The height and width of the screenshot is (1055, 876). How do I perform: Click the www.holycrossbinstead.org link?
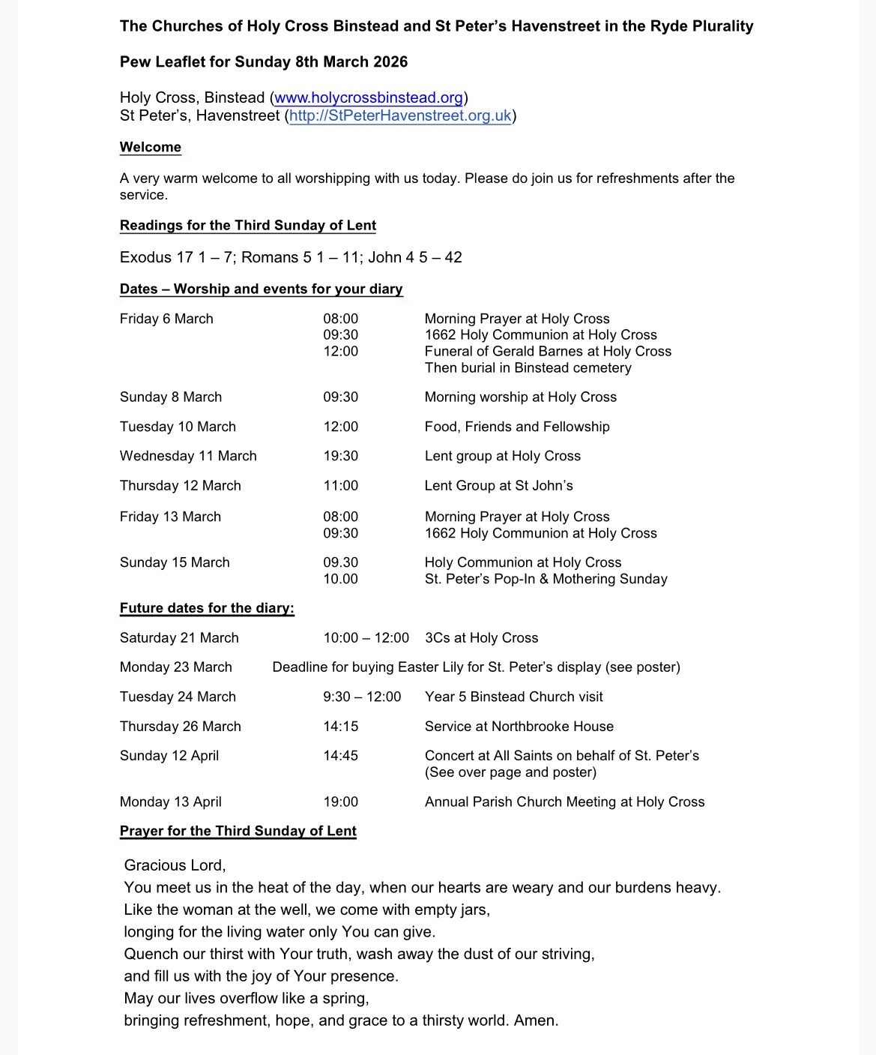[x=369, y=98]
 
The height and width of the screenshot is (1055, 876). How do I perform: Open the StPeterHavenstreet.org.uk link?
[x=400, y=116]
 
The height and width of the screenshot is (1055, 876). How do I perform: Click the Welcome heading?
[x=151, y=148]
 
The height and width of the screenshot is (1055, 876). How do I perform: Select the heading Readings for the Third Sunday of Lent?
[x=248, y=226]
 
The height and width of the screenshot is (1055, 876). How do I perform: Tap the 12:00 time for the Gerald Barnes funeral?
[x=341, y=352]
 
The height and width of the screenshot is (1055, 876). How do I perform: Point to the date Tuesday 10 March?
[x=178, y=427]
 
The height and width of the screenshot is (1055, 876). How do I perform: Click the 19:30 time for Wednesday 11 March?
[x=341, y=456]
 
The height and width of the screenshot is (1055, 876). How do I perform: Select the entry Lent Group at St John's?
[x=498, y=486]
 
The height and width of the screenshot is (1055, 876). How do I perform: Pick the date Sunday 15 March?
[x=175, y=562]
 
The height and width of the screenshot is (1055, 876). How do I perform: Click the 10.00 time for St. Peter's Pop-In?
[x=341, y=579]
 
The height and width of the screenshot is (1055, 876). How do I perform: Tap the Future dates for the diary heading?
[x=207, y=608]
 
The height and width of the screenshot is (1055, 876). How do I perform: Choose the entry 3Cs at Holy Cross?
[x=481, y=638]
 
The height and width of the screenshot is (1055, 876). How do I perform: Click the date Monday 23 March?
[x=176, y=667]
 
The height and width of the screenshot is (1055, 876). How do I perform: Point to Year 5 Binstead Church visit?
[x=513, y=697]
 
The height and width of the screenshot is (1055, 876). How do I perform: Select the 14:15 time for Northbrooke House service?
[x=341, y=727]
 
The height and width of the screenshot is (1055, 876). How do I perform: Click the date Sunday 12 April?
[x=169, y=756]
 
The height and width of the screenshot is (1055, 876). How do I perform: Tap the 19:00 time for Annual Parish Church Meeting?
[x=341, y=802]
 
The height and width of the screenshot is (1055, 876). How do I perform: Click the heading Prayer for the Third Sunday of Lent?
[x=238, y=831]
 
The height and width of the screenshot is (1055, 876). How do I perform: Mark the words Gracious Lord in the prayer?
[x=175, y=865]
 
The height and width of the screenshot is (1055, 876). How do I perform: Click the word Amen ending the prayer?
[x=535, y=1021]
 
